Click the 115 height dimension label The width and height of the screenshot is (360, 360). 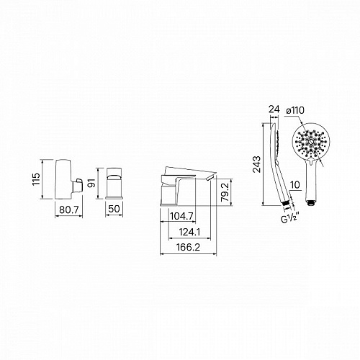[x=36, y=179]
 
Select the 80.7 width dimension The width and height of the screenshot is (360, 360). [x=69, y=210]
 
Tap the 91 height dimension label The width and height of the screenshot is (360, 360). [x=91, y=183]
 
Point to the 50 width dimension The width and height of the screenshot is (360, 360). [x=114, y=209]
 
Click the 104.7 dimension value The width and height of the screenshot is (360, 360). [x=181, y=216]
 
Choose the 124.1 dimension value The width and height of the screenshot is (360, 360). [x=189, y=232]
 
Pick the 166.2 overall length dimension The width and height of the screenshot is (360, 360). [x=188, y=247]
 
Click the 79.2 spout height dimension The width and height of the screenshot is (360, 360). [x=225, y=192]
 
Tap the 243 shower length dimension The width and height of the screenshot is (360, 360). [x=256, y=164]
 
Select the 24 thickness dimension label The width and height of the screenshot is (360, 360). [x=274, y=109]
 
